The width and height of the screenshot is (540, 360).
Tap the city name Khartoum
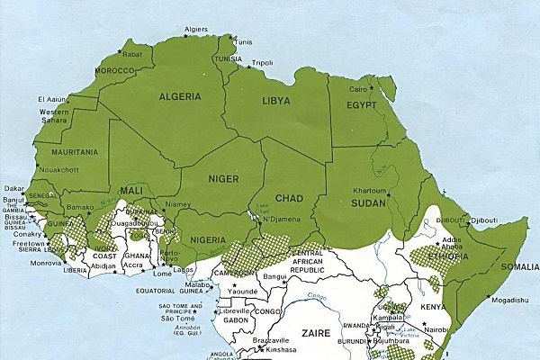pos(370,192)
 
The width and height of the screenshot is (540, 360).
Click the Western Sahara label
pos(54,117)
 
